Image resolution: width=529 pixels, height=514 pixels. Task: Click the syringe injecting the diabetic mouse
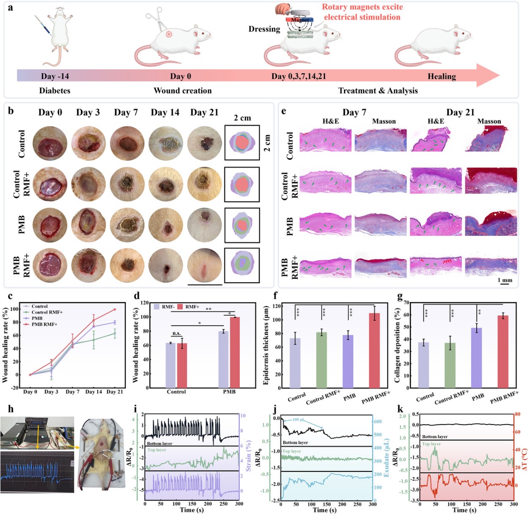coord(43,25)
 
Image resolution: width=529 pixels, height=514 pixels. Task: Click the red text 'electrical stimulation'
coord(362,17)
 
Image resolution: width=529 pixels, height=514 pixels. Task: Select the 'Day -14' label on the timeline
coord(55,76)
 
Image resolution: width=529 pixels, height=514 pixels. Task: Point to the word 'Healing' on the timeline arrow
coord(442,76)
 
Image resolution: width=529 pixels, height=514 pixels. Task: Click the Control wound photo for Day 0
coord(50,143)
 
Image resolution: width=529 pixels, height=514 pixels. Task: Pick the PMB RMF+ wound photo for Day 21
coord(205,266)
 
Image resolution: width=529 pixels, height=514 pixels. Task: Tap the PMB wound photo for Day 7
coord(127,225)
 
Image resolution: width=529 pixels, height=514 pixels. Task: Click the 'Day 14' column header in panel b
coord(165,113)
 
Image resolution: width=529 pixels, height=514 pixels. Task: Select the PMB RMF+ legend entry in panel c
coord(44,324)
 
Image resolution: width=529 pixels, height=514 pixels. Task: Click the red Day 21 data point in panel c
coord(114,309)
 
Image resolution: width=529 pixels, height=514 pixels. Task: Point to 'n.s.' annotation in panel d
coord(176,333)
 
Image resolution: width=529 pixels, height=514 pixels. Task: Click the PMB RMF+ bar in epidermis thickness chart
coord(374,350)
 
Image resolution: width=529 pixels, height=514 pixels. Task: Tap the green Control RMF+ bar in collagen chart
coord(450,365)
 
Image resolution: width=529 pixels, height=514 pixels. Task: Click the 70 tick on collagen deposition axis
coord(407,303)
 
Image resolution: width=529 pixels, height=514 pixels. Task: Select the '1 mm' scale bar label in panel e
coord(505,280)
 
